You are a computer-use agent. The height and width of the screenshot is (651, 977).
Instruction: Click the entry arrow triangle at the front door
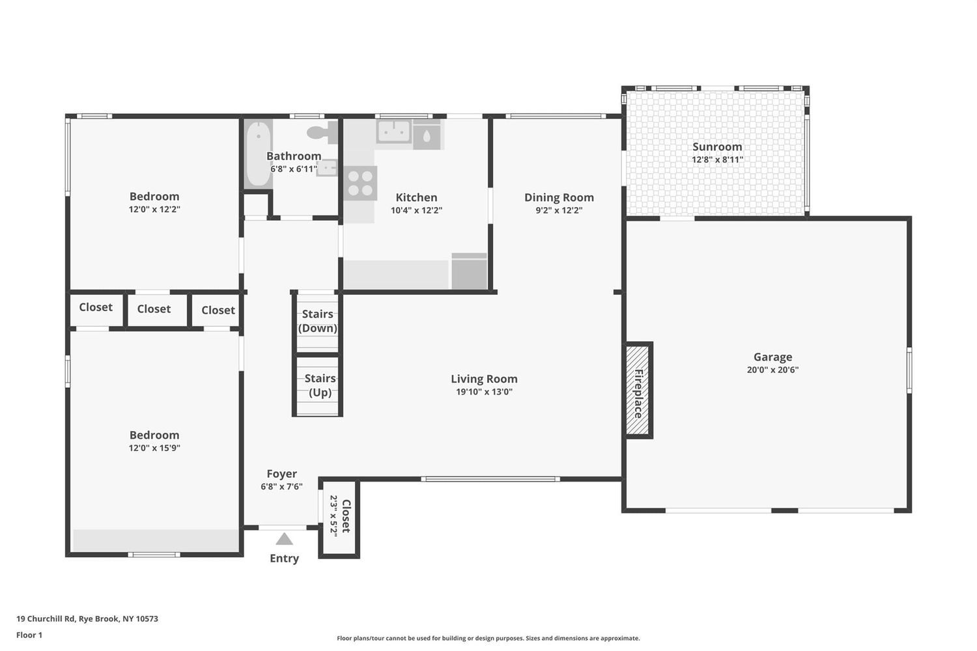point(284,539)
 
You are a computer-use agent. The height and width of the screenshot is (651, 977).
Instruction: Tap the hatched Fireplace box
point(639,390)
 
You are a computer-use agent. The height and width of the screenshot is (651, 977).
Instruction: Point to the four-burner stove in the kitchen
point(360,183)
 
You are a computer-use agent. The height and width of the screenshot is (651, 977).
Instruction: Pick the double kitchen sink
point(394,132)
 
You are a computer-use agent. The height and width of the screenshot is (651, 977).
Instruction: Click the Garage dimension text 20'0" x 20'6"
point(772,370)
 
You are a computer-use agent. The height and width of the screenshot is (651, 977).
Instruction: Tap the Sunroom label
point(717,147)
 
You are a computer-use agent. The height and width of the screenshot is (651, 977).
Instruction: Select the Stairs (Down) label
point(318,321)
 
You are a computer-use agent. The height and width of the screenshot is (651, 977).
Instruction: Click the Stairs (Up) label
point(320,385)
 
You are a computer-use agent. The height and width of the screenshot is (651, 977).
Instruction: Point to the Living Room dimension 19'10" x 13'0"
point(484,391)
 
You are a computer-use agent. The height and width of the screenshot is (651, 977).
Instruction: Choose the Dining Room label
point(559,197)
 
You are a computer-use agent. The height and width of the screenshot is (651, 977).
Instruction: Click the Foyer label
point(282,473)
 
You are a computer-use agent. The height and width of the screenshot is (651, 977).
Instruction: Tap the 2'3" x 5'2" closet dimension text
point(333,516)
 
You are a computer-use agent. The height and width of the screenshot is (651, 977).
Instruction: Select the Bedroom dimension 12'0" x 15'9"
point(154,448)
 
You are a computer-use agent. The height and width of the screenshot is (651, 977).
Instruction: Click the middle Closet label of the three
point(154,309)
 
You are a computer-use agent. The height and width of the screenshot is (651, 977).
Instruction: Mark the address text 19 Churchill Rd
point(46,618)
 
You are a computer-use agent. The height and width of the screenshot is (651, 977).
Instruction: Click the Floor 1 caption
point(29,635)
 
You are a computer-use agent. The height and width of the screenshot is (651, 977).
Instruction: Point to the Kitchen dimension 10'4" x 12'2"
point(416,210)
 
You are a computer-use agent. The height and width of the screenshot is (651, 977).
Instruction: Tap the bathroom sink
point(327,168)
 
